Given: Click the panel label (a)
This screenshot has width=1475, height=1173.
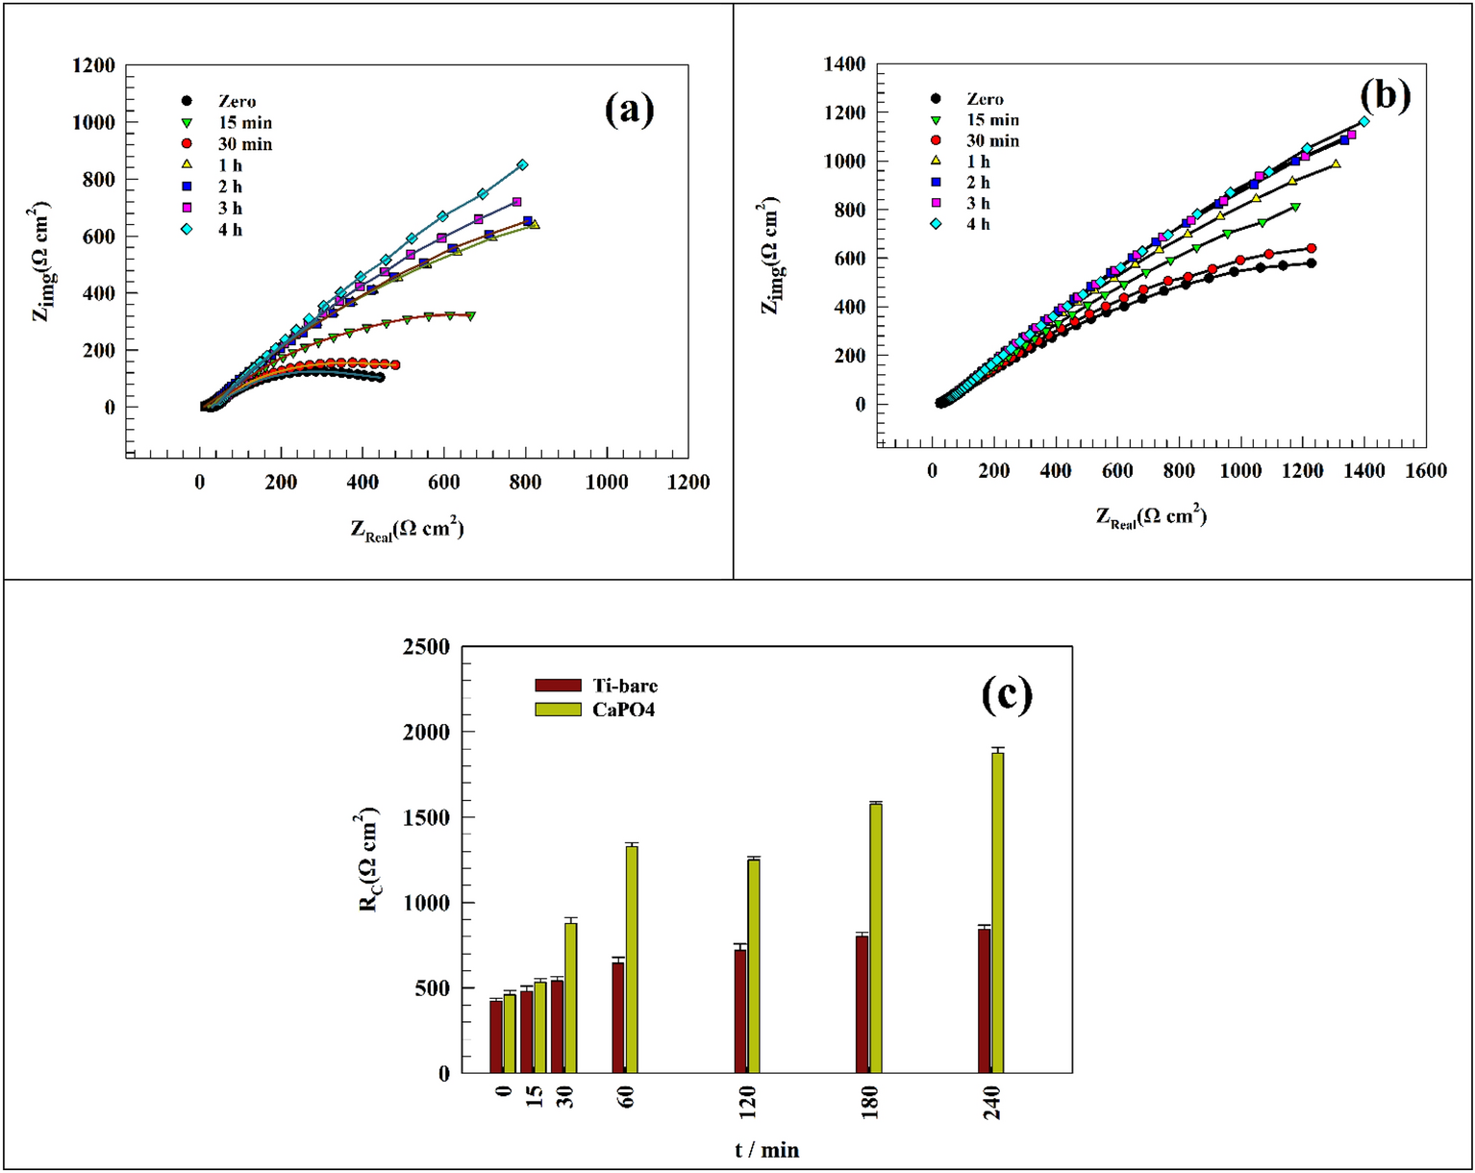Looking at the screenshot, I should pos(629,109).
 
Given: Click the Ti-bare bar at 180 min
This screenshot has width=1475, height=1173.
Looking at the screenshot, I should pos(862,1004).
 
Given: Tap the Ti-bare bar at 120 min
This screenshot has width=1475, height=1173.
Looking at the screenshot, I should pos(739,1010).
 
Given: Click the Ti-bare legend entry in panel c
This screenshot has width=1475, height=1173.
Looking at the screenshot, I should pos(596,686).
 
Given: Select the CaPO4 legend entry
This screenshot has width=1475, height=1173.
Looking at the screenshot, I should pos(596,710).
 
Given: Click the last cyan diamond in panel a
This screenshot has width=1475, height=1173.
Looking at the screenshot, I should pos(522,164).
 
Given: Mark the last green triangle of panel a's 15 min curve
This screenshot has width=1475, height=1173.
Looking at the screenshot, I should pos(470,315).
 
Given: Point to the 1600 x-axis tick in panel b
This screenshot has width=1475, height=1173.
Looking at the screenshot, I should pos(1426,471).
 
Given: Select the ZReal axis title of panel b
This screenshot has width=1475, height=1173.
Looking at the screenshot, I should pos(1151,516).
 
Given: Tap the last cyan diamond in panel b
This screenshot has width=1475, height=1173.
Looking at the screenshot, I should pos(1363,122).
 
